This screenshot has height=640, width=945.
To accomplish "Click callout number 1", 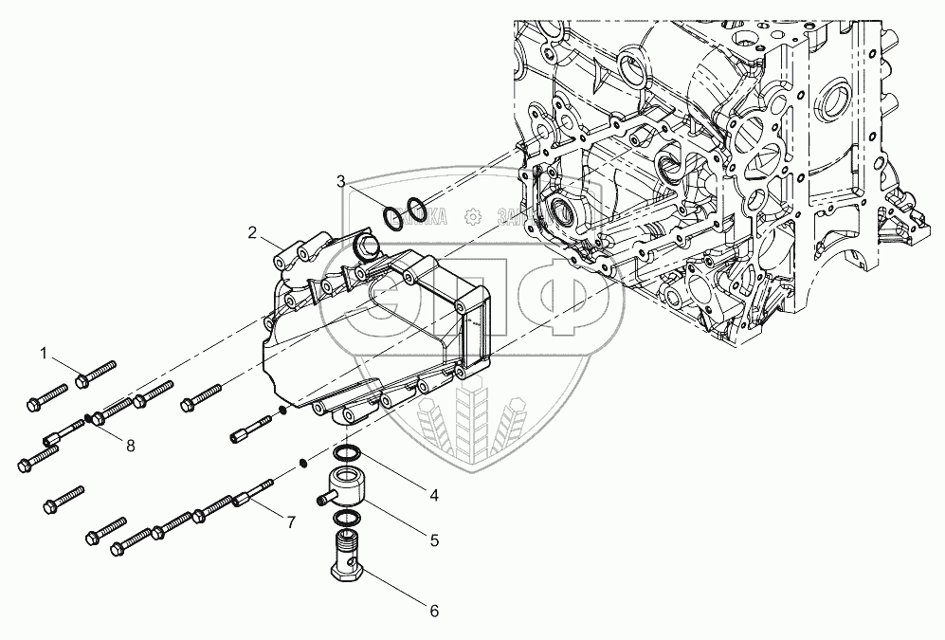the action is click(x=44, y=354).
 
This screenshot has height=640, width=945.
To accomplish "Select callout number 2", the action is click(x=253, y=231).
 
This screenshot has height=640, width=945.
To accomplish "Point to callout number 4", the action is click(x=433, y=494).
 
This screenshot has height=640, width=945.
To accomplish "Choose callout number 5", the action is click(x=434, y=540).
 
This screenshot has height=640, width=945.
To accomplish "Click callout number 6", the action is click(x=434, y=612).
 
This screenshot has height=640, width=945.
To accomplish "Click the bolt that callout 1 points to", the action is click(x=94, y=374).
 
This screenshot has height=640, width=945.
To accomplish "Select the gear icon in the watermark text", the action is click(x=471, y=217).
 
